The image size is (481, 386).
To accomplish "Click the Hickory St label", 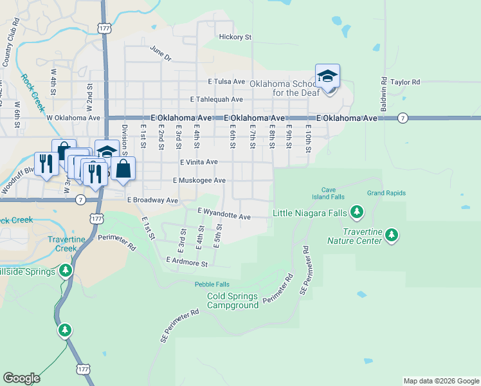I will click(x=235, y=37).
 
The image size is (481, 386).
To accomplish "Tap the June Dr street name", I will click(x=161, y=53).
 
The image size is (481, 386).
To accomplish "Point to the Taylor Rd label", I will click(x=405, y=82).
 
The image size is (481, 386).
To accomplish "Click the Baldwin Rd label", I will click(x=383, y=95).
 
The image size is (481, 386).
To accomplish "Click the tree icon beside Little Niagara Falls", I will click(x=358, y=212).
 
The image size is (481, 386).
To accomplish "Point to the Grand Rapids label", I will click(x=386, y=193).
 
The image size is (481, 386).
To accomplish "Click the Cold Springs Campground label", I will click(x=233, y=300).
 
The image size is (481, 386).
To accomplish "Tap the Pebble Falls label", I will click(x=212, y=284).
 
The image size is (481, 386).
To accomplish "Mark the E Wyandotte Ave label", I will click(x=224, y=214).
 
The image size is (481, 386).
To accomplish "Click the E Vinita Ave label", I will click(x=199, y=163).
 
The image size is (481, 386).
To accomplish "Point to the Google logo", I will click(x=21, y=378).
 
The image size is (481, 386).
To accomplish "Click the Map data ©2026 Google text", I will click(x=440, y=381).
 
